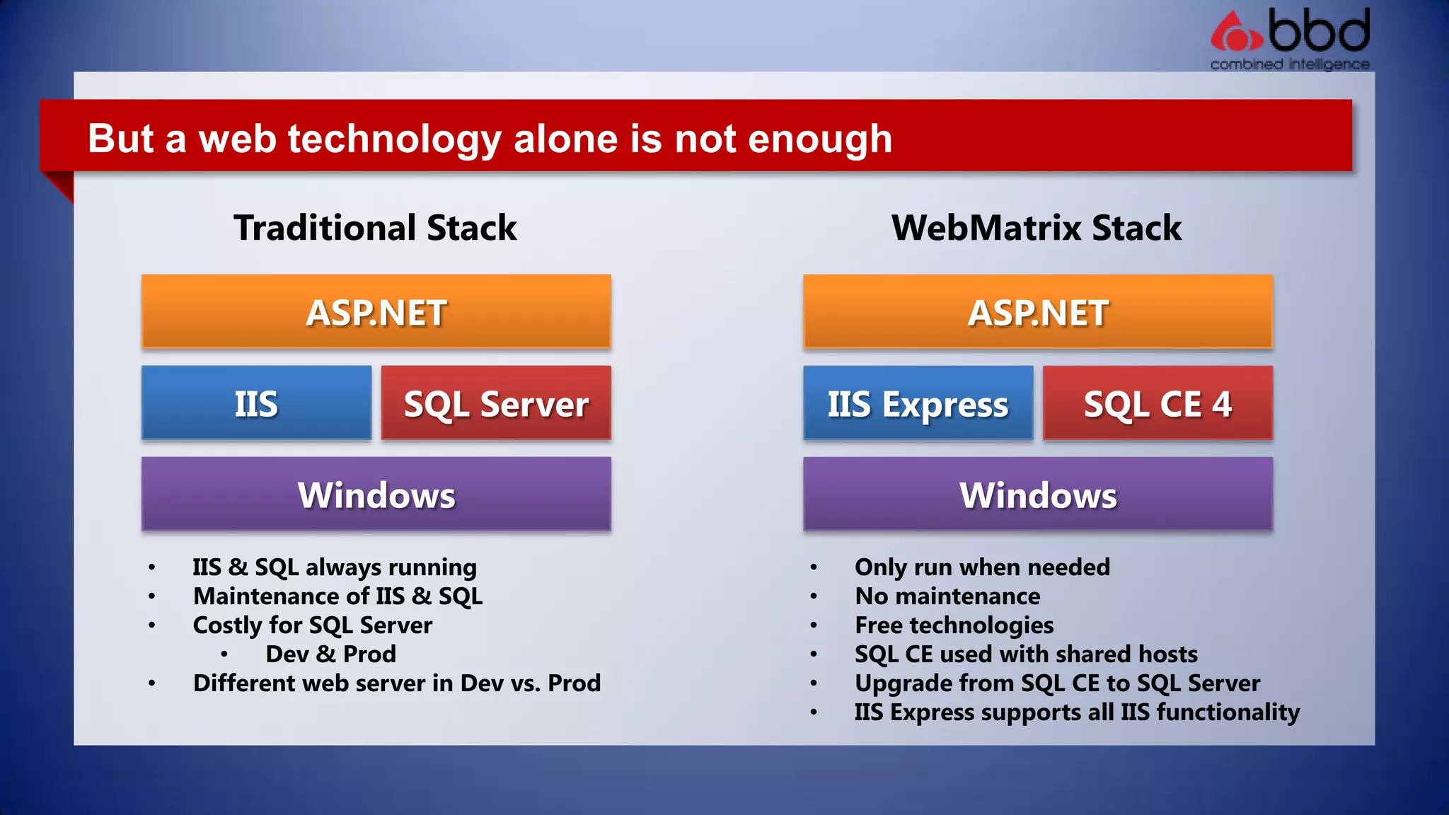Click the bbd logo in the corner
coord(1290,32)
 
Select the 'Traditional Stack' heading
coord(375,228)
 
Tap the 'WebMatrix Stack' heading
coord(1037,228)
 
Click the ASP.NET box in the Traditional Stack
coord(376,312)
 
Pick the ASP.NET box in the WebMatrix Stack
coord(1038,312)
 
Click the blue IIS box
coord(256,403)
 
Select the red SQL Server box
coord(496,403)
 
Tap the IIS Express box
coord(918,403)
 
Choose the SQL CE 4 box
coord(1158,403)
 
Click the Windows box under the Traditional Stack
coord(376,494)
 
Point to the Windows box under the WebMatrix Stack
coord(1038,494)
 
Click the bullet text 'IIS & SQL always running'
coord(335,567)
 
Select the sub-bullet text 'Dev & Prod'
coord(330,654)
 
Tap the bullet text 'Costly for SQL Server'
coord(312,625)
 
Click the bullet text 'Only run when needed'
coord(982,567)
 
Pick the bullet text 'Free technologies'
coord(954,625)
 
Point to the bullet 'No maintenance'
coord(947,596)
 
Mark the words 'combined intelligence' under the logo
coord(1290,64)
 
